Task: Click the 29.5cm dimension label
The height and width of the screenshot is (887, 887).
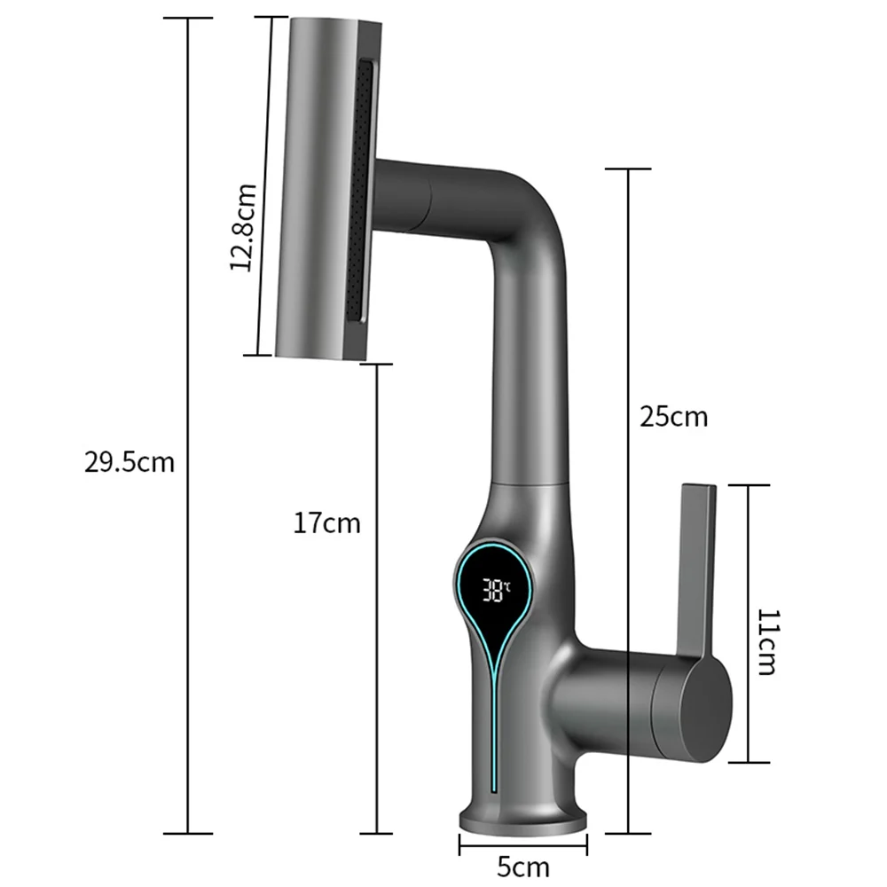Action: (130, 462)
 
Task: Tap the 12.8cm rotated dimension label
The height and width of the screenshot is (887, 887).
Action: (243, 228)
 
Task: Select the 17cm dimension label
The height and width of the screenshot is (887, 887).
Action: (327, 523)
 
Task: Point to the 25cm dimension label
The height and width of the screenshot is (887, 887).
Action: (674, 416)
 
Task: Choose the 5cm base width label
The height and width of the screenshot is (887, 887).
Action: (523, 865)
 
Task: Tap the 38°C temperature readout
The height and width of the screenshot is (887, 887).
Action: (497, 588)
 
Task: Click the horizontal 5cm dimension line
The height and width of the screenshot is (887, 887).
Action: (523, 843)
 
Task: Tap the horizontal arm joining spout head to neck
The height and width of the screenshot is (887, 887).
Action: (435, 197)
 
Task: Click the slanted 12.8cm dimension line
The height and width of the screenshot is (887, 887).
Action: (264, 133)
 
